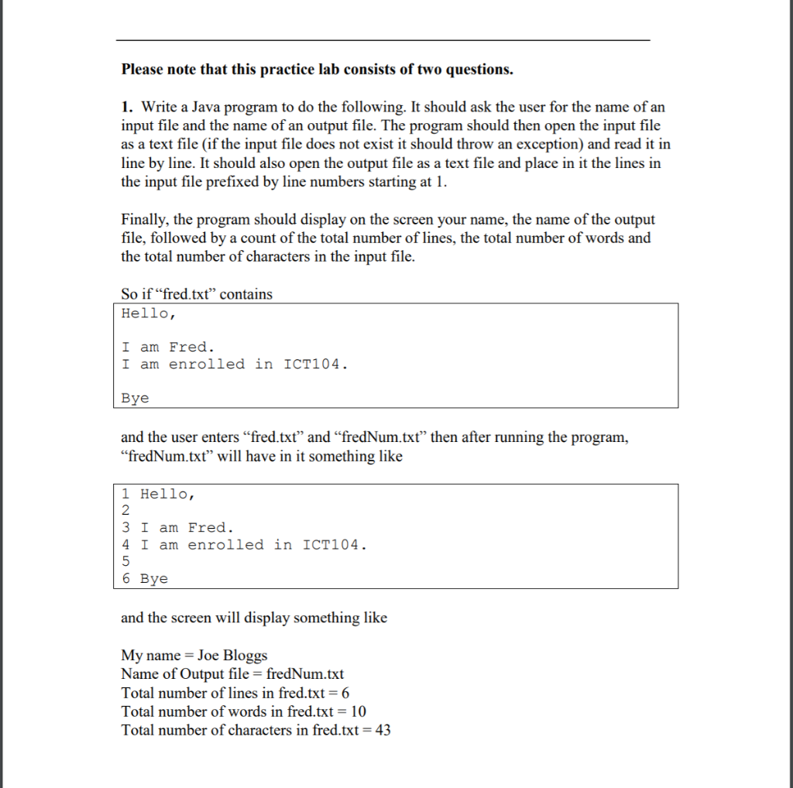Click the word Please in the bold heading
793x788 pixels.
click(x=142, y=70)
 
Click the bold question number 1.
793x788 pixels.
click(x=125, y=107)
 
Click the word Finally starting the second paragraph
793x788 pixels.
click(x=146, y=219)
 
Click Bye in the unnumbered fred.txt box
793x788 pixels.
click(x=135, y=398)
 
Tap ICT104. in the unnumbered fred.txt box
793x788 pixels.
click(x=315, y=364)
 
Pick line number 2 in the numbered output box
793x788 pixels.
click(x=126, y=511)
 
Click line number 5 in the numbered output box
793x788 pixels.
click(x=126, y=561)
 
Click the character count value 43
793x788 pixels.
click(x=383, y=730)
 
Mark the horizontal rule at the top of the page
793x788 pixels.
click(x=383, y=39)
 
